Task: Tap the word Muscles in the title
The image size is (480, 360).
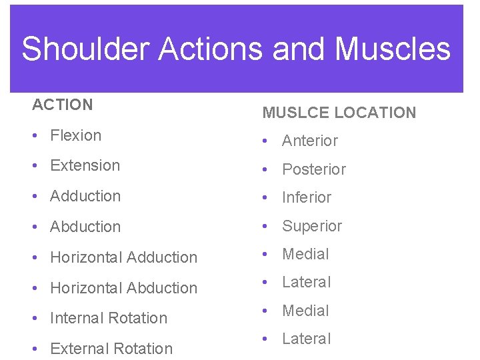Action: (x=393, y=49)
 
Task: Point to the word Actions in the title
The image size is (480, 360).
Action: (x=198, y=49)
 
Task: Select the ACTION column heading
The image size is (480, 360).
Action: (x=63, y=105)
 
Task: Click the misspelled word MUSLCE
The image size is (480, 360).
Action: (x=296, y=113)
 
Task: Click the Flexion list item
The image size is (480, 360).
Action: (x=75, y=135)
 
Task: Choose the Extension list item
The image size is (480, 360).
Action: (x=85, y=165)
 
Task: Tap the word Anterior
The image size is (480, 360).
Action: (x=310, y=141)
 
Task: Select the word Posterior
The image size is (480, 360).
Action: (x=314, y=169)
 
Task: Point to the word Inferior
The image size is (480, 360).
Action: (x=307, y=197)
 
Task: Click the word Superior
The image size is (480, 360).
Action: (x=312, y=226)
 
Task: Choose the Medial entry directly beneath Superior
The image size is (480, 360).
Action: (x=305, y=254)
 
